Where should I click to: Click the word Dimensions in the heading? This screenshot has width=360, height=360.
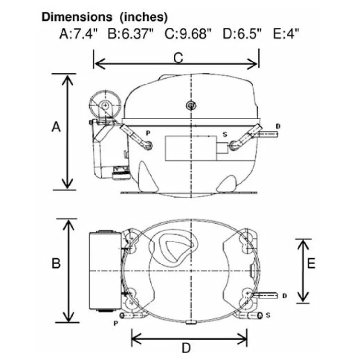[77, 17]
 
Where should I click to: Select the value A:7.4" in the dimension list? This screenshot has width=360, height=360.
[78, 34]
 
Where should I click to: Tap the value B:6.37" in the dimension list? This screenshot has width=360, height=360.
[130, 34]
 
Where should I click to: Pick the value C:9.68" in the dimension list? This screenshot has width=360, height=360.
[188, 34]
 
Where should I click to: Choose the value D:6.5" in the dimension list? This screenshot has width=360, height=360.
[242, 34]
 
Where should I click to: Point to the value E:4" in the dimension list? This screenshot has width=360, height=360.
[286, 34]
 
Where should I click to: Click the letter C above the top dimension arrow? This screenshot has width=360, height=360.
[178, 58]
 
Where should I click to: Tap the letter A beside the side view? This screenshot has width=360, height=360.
[56, 127]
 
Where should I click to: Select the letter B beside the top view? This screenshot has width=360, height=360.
[56, 263]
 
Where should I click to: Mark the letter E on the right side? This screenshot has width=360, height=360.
[311, 263]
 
